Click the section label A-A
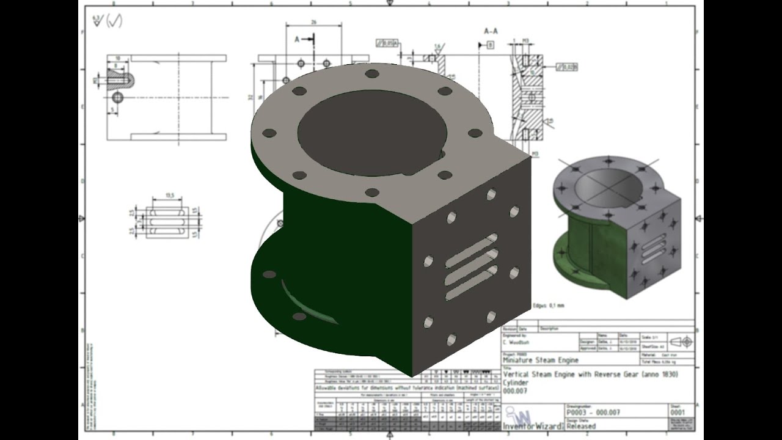[491, 31]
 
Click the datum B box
[490, 45]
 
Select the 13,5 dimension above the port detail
[170, 196]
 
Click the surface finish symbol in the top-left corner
[107, 21]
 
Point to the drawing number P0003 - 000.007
[593, 413]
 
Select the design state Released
[580, 426]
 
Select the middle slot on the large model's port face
[471, 269]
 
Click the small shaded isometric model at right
[617, 226]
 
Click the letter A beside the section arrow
[298, 39]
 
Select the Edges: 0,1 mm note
[548, 305]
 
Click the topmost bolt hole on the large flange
[371, 74]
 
